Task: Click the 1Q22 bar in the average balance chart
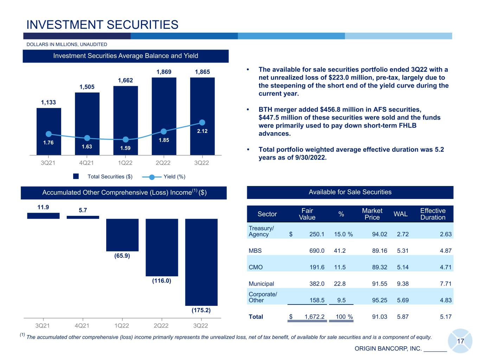(125, 121)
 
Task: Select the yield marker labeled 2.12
(202, 122)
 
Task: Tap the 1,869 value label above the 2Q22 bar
(164, 72)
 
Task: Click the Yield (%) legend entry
(164, 176)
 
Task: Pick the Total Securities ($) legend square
(76, 176)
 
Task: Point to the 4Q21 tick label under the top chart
(87, 163)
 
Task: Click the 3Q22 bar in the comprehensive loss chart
(201, 262)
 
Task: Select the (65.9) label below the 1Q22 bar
(122, 256)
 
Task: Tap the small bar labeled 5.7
(83, 217)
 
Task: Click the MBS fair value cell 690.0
(316, 251)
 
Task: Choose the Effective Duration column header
(433, 214)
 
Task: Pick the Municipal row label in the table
(261, 284)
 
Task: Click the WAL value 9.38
(403, 284)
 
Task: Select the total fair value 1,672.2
(314, 317)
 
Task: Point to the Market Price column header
(372, 214)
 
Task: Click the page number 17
(460, 341)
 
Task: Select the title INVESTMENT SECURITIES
(102, 25)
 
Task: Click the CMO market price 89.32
(379, 267)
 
